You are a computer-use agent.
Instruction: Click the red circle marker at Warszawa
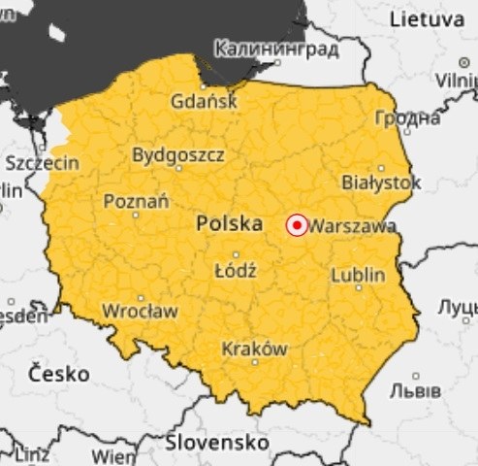(x=298, y=226)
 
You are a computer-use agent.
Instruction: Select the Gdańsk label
(x=203, y=101)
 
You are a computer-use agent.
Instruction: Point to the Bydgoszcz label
(x=178, y=154)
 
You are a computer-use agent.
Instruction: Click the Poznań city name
(x=136, y=201)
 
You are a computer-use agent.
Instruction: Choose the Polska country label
(x=230, y=224)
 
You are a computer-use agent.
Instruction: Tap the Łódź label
(x=235, y=271)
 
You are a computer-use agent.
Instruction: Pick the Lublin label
(x=358, y=275)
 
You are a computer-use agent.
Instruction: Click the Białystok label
(x=382, y=183)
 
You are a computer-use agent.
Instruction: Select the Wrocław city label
(x=141, y=312)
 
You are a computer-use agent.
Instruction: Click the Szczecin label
(x=43, y=163)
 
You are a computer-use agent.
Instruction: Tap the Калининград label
(x=277, y=49)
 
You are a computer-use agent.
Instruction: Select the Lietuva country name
(x=427, y=19)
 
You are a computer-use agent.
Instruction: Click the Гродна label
(x=407, y=118)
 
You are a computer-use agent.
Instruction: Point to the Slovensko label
(x=218, y=443)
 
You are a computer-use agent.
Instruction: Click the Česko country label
(x=58, y=373)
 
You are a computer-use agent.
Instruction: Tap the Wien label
(x=113, y=454)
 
